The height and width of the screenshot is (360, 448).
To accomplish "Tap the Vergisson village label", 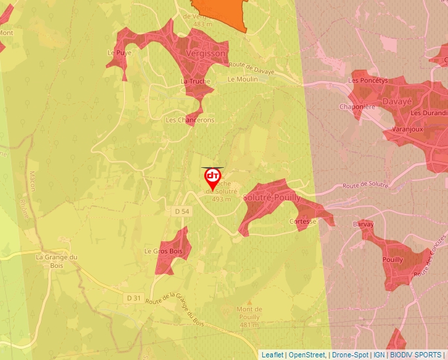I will (206, 53).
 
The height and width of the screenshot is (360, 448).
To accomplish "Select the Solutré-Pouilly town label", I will (271, 197).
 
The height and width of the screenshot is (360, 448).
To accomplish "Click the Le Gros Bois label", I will (163, 251).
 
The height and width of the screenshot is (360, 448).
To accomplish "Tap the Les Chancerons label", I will (190, 120).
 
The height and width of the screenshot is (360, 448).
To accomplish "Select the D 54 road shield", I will (182, 211).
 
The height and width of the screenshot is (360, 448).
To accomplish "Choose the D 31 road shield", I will (134, 297).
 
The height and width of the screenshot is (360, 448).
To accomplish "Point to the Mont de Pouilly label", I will (248, 313).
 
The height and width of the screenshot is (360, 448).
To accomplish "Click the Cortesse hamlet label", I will (303, 222).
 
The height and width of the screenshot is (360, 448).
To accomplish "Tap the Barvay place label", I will (364, 224).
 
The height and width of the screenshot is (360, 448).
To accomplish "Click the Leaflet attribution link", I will (272, 355).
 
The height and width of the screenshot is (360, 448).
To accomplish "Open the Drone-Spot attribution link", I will (349, 355).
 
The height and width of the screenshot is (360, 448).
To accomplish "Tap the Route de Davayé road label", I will (251, 64).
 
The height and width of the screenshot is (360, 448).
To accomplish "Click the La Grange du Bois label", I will (57, 261).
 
